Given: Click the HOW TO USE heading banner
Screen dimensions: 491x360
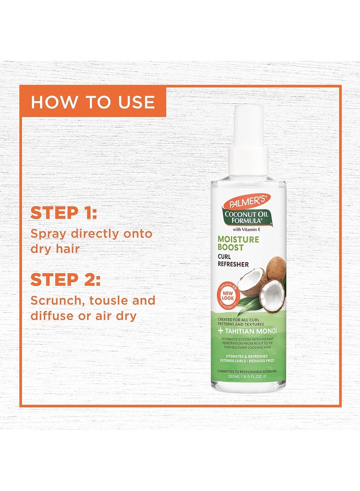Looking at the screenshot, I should [x=93, y=102].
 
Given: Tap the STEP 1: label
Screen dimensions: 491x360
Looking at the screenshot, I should [x=63, y=213].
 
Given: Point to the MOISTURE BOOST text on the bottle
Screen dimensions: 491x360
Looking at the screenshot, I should [x=238, y=243].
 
